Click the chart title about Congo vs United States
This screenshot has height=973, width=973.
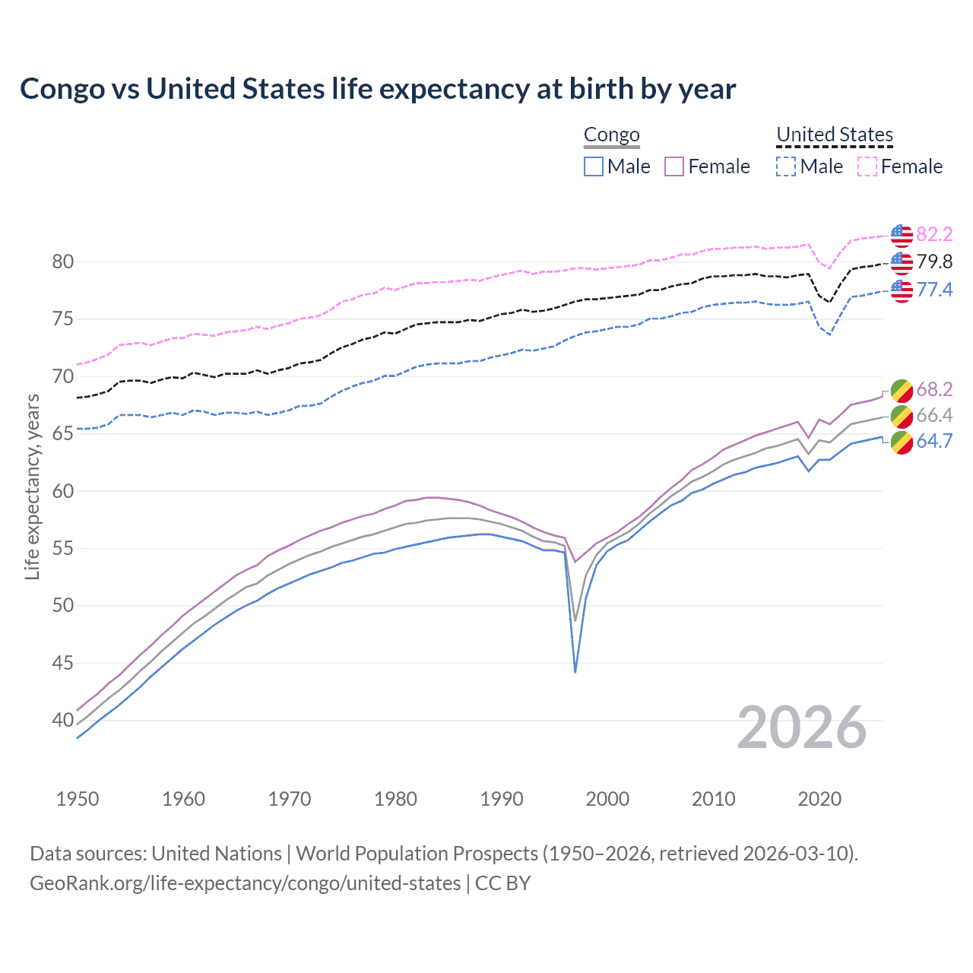tap(378, 89)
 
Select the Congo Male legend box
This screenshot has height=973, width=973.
tap(594, 166)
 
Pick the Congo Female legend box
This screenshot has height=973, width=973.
tap(674, 166)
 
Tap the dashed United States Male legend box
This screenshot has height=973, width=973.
tap(786, 166)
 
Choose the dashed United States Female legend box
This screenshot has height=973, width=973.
tap(867, 166)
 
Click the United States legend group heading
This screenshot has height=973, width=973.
tap(834, 135)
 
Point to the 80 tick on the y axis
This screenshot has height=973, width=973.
tap(63, 262)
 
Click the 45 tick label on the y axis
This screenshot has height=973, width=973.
tap(63, 664)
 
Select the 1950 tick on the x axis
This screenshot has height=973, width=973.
tap(78, 799)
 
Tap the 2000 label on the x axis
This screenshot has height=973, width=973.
tap(607, 799)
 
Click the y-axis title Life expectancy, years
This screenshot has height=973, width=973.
tap(32, 486)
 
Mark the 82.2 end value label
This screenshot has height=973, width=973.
tap(934, 234)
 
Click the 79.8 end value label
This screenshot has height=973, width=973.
tap(934, 262)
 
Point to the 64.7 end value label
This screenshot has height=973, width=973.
tap(934, 441)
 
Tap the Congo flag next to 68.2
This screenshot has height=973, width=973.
tap(902, 390)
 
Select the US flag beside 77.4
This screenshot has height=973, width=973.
tap(902, 290)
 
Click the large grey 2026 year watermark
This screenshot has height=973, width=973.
tap(802, 727)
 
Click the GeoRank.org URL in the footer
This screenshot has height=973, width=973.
tap(245, 883)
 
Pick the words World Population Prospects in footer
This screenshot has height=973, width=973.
tap(417, 854)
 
